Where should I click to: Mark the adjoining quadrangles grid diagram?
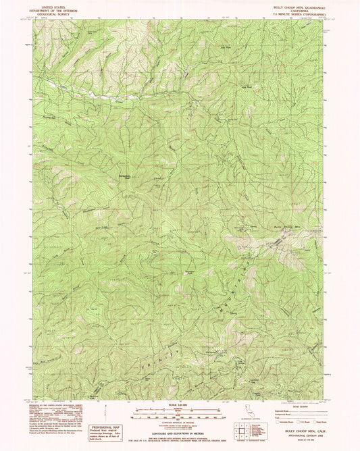241,425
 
